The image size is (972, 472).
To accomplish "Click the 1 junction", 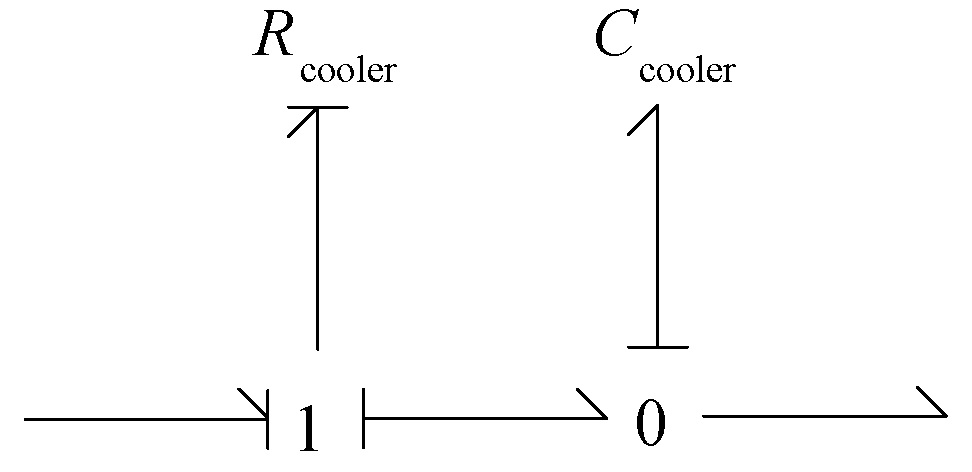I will [x=312, y=428].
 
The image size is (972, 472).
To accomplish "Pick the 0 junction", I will [x=649, y=425].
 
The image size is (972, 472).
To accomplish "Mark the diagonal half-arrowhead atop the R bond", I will [x=302, y=121].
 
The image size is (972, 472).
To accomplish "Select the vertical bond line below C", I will [x=657, y=230].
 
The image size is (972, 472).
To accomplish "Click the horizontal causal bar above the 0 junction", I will [x=657, y=347].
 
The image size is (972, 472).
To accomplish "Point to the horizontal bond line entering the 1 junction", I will [x=140, y=419].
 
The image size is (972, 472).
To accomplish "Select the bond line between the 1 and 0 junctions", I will [x=480, y=419].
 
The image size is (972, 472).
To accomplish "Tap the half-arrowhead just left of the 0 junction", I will [x=593, y=406].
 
